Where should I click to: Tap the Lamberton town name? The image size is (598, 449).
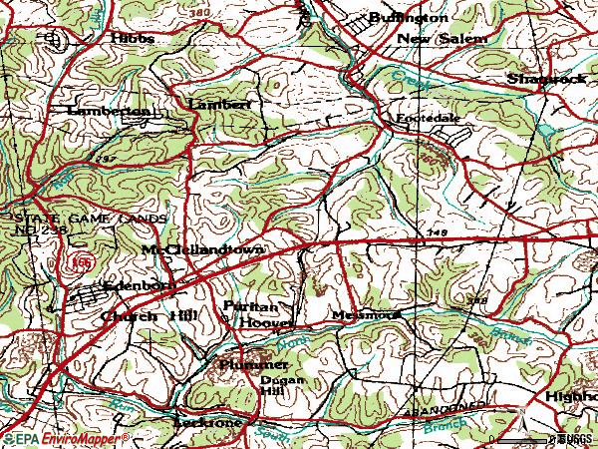click(x=109, y=112)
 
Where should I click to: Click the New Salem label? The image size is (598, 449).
click(x=443, y=38)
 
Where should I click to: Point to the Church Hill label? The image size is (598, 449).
click(x=149, y=315)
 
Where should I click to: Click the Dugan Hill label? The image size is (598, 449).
click(x=280, y=386)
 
